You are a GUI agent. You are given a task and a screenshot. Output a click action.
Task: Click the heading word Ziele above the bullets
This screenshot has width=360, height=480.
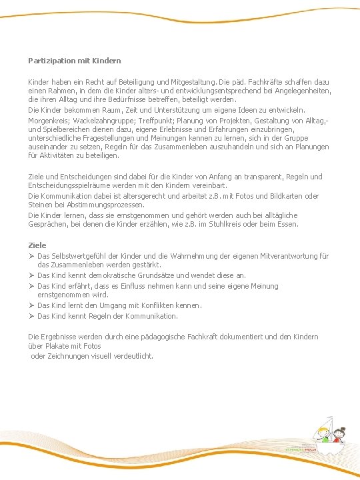pyautogui.click(x=37, y=246)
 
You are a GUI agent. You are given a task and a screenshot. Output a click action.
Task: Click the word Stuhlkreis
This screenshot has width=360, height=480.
pyautogui.click(x=230, y=225)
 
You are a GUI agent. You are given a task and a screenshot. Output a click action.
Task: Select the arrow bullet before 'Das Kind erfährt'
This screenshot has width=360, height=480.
pyautogui.click(x=31, y=286)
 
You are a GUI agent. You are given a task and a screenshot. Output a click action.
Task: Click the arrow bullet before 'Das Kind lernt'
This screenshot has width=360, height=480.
pyautogui.click(x=31, y=306)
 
